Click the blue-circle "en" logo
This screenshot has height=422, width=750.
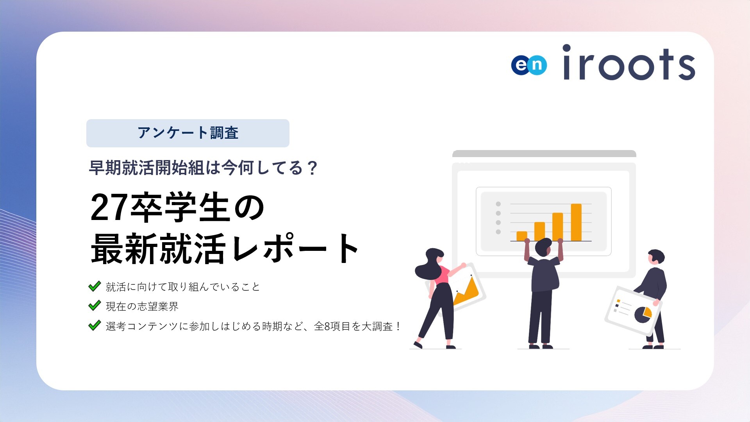529,65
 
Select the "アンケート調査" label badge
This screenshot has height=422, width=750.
187,133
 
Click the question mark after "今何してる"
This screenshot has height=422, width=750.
312,168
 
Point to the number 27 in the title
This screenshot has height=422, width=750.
109,208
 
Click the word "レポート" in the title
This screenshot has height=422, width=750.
295,249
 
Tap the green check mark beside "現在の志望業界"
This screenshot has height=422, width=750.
95,306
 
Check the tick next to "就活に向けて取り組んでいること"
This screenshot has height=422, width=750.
95,286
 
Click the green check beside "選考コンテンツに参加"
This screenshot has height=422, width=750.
95,325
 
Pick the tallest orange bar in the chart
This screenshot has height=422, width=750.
576,222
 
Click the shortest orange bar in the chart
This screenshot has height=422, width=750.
521,236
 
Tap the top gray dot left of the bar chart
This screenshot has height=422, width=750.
498,204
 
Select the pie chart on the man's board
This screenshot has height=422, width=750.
642,314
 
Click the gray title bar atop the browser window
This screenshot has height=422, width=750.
544,154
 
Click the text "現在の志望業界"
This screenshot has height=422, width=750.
142,307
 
